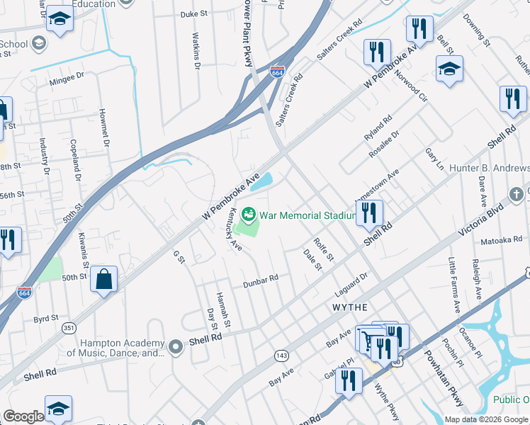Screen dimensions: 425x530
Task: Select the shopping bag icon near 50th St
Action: pyautogui.click(x=104, y=279)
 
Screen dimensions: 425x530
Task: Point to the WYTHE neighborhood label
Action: pyautogui.click(x=350, y=307)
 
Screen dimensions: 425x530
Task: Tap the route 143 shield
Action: pyautogui.click(x=281, y=354)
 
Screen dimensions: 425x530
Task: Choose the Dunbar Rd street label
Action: pyautogui.click(x=260, y=281)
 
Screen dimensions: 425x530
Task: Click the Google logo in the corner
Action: pyautogui.click(x=23, y=416)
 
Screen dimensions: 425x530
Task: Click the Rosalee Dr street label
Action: pyautogui.click(x=385, y=143)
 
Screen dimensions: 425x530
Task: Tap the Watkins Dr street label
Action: pyautogui.click(x=197, y=45)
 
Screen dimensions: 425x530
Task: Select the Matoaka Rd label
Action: pyautogui.click(x=501, y=241)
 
